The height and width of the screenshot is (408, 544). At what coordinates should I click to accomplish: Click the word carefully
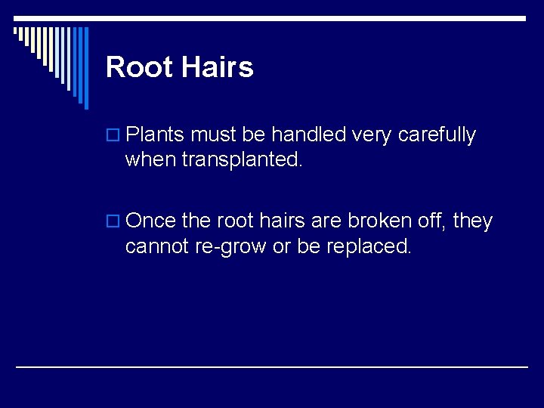click(x=437, y=136)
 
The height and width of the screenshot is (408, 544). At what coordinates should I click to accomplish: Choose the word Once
click(x=150, y=221)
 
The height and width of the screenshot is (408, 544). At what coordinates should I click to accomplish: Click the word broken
click(x=377, y=221)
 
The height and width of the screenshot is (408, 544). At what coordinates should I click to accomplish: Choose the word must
click(x=214, y=135)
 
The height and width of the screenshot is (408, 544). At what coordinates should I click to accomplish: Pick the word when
click(x=151, y=160)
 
